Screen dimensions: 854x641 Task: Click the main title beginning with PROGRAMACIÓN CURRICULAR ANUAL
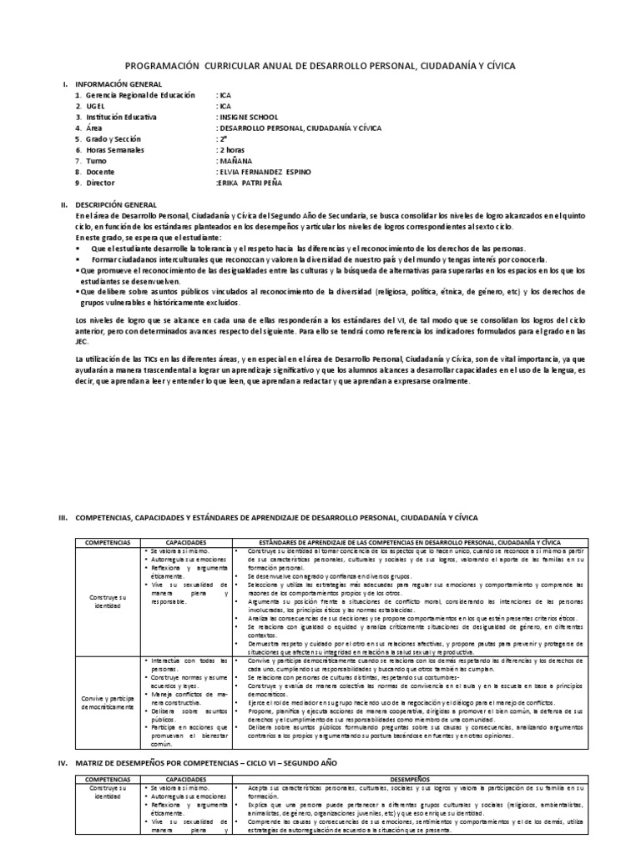[320, 65]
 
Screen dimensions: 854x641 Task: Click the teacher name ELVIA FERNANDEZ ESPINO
[263, 171]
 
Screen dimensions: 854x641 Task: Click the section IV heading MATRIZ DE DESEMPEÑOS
[234, 762]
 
